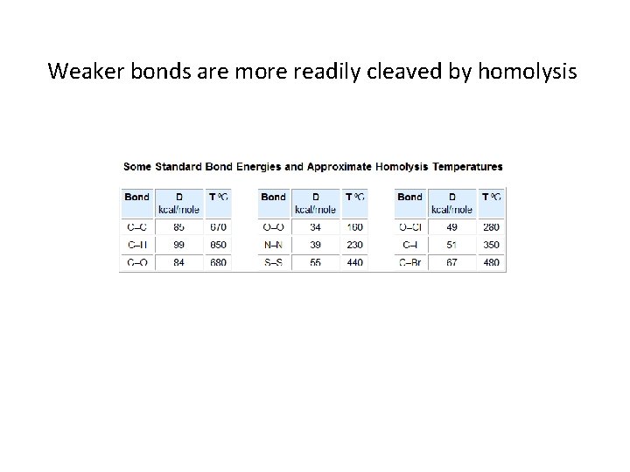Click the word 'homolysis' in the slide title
(527, 71)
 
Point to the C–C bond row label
(136, 227)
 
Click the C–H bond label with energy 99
(136, 245)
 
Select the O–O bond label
(273, 227)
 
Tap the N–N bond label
(273, 245)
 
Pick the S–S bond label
(273, 262)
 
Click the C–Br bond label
(409, 262)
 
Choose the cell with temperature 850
(218, 245)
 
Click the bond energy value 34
(315, 227)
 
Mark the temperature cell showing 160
(354, 227)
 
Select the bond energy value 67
(451, 262)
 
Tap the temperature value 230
(354, 245)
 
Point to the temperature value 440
(354, 262)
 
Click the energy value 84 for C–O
(178, 262)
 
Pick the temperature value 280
(491, 227)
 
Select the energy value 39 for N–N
(315, 245)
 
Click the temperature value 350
(491, 245)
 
